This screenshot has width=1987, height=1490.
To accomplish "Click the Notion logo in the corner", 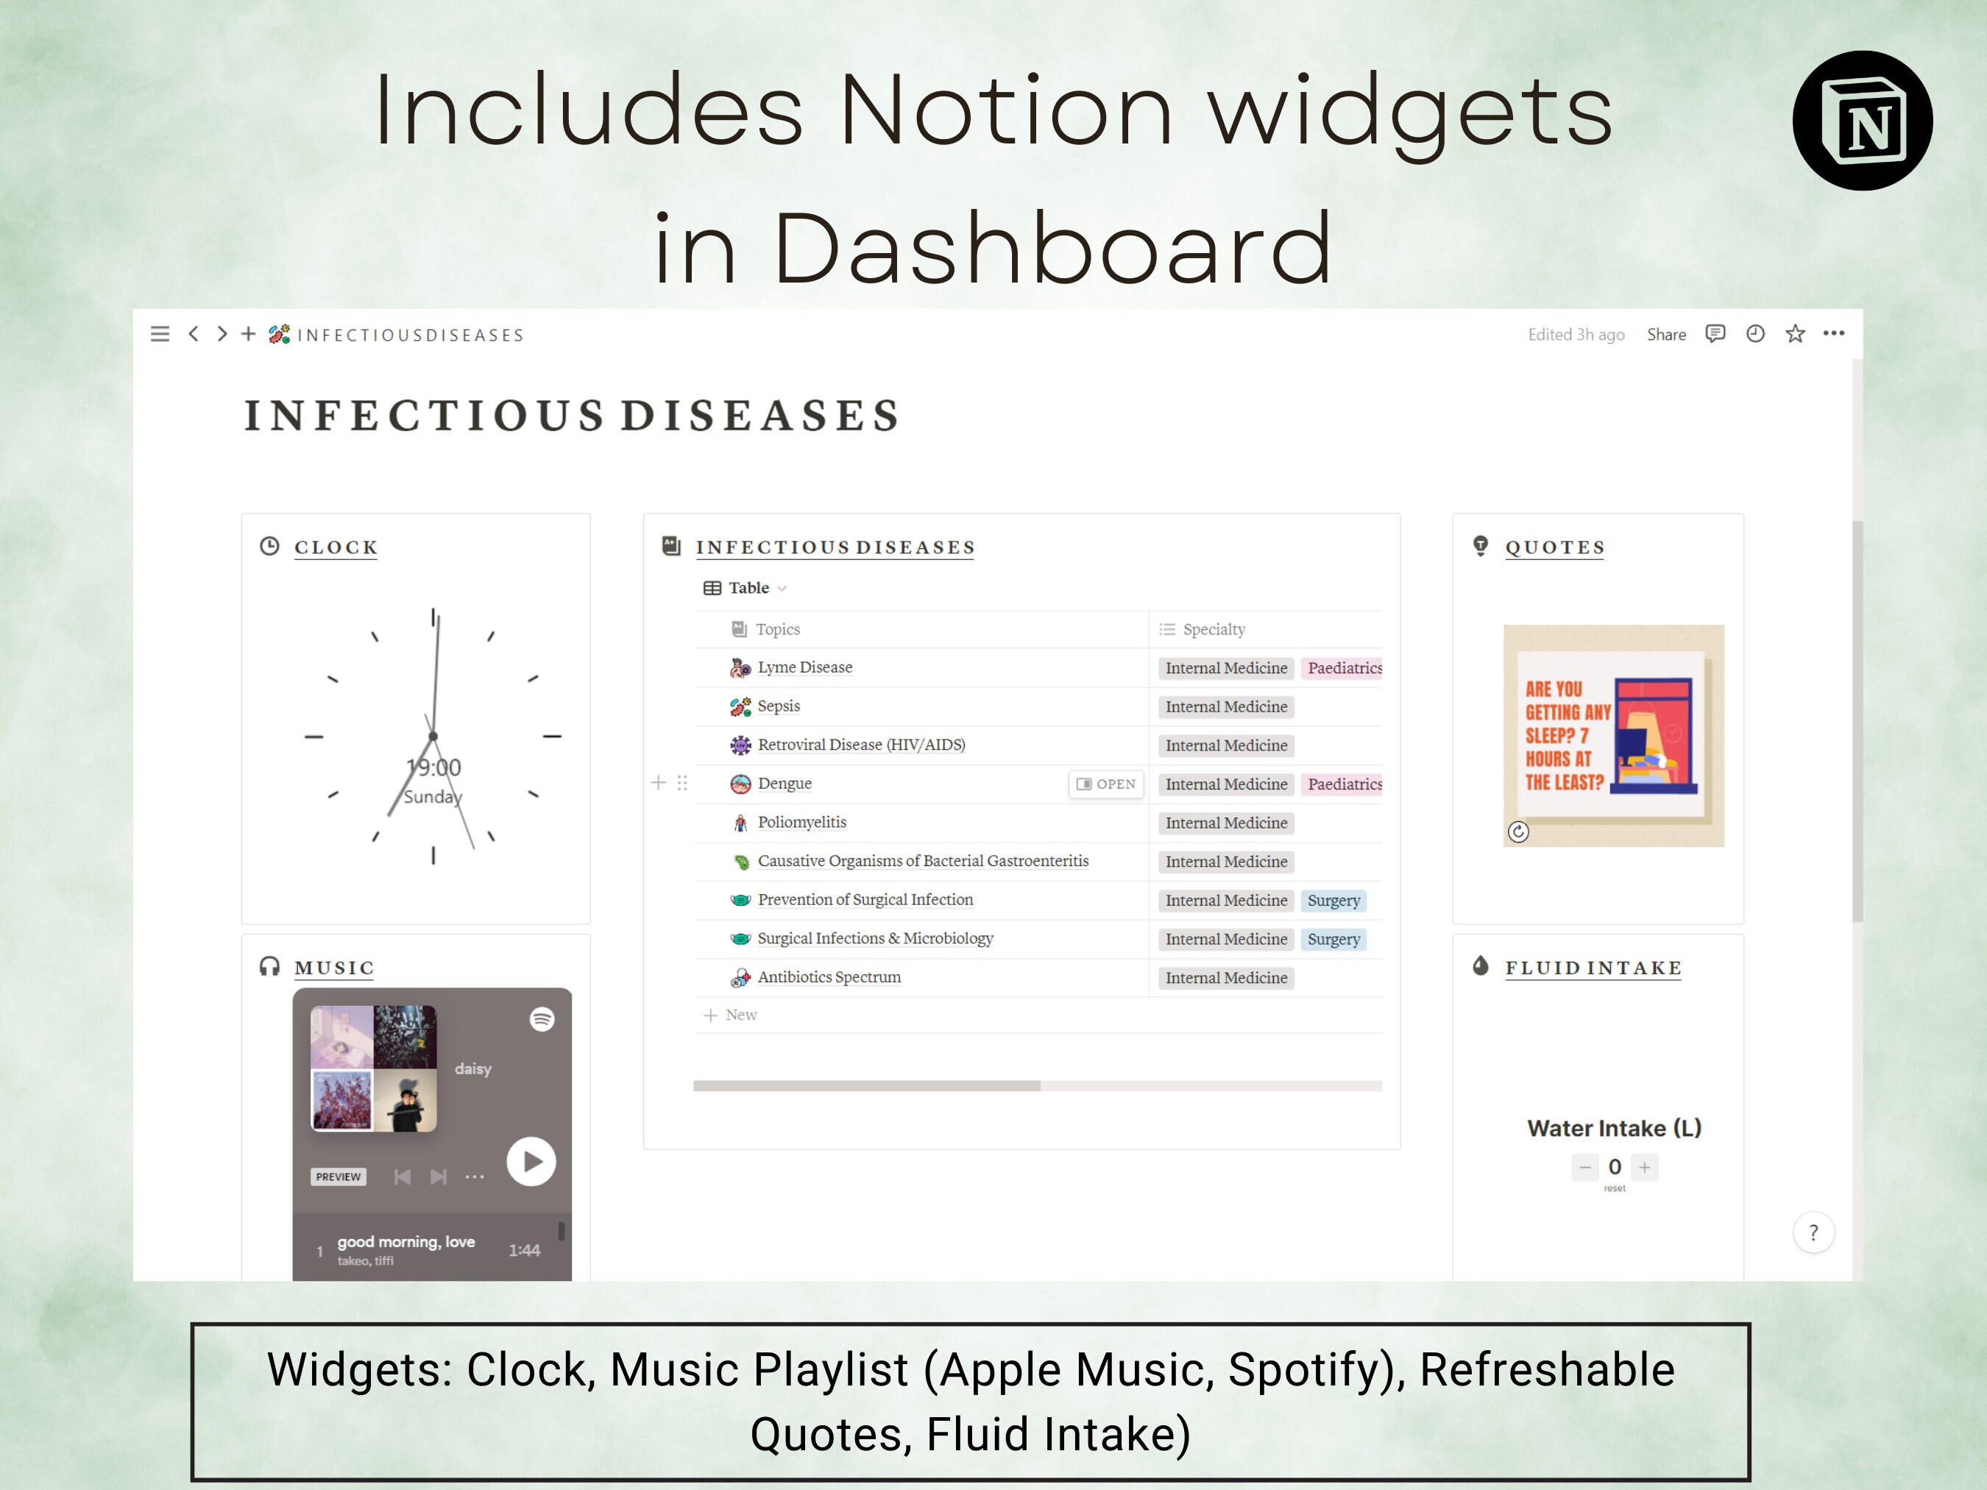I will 1862,121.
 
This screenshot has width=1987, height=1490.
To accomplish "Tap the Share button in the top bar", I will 1665,335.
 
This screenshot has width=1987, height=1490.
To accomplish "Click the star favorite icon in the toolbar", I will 1795,334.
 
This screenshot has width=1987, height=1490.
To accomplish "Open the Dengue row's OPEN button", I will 1106,784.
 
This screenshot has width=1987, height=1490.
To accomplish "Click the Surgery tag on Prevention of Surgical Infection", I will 1333,900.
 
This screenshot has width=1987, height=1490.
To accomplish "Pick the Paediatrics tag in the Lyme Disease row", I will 1343,668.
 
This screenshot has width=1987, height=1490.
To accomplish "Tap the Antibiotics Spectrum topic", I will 828,977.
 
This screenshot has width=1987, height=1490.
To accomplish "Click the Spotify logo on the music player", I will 542,1019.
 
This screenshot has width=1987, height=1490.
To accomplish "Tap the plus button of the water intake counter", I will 1645,1168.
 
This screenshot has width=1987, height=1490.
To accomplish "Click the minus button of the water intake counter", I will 1584,1168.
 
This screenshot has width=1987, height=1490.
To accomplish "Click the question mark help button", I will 1813,1233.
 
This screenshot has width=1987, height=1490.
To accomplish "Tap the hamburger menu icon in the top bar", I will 160,335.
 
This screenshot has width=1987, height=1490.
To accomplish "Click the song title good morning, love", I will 406,1242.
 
